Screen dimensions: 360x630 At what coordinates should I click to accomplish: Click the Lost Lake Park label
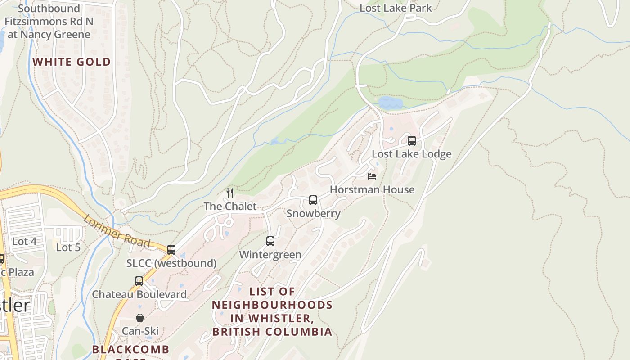point(396,8)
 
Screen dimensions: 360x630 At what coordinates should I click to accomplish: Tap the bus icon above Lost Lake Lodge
point(411,141)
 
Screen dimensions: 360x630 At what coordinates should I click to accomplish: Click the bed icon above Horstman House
point(372,176)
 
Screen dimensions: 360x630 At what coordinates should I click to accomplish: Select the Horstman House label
point(372,189)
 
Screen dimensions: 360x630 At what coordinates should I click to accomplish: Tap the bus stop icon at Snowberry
point(313,200)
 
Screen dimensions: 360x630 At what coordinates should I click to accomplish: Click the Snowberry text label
point(313,213)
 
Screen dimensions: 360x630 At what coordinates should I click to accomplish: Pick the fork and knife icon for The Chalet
point(230,193)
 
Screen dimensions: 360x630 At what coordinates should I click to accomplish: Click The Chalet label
point(230,207)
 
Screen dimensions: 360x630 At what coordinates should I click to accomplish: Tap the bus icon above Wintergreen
point(270,241)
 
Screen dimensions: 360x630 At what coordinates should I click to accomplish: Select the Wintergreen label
point(270,255)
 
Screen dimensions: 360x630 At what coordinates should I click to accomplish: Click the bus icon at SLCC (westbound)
point(171,250)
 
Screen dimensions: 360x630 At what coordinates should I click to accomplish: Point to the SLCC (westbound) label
point(171,263)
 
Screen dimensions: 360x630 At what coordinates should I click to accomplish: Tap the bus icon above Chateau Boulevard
point(139,281)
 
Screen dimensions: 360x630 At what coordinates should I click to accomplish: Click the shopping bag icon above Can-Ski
point(140,318)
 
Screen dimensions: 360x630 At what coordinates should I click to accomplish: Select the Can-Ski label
point(140,331)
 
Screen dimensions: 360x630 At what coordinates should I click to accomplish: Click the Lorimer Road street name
point(116,231)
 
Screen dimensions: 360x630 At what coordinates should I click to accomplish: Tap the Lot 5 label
point(68,247)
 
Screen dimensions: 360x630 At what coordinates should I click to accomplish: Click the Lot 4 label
point(24,241)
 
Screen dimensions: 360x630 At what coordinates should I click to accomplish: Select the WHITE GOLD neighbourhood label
point(72,62)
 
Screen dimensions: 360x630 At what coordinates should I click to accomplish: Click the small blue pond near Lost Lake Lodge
point(391,103)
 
